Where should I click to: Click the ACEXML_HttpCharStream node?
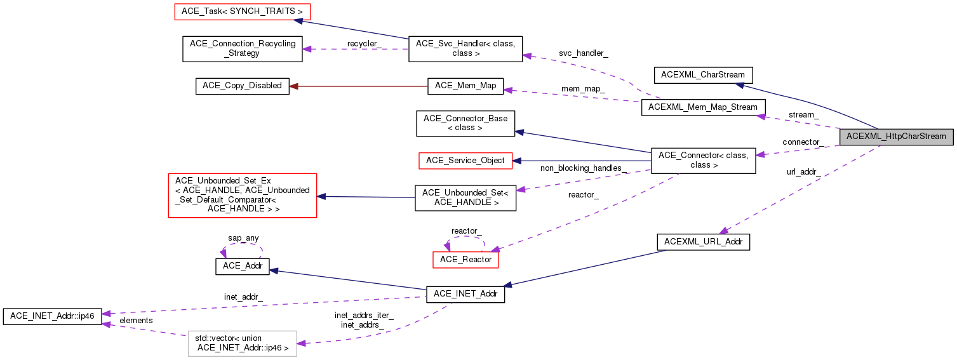click(x=896, y=137)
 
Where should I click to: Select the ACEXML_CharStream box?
click(x=703, y=75)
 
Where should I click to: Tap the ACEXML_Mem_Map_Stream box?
click(x=704, y=107)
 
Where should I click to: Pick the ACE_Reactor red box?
click(x=465, y=259)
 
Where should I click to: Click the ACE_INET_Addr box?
click(x=465, y=295)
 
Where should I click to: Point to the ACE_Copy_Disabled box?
click(x=242, y=86)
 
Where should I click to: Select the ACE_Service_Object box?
click(x=465, y=161)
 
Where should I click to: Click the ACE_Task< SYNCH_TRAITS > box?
click(x=242, y=12)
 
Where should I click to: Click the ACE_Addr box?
click(x=242, y=266)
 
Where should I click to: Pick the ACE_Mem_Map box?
click(x=465, y=86)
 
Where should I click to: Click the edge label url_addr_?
click(x=803, y=171)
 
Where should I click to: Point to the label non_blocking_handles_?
click(x=584, y=168)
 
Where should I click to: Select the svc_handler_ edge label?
click(x=583, y=53)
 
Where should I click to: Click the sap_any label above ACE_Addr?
click(x=243, y=238)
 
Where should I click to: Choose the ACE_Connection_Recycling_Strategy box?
click(x=242, y=49)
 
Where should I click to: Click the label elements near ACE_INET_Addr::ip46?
click(x=136, y=321)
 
